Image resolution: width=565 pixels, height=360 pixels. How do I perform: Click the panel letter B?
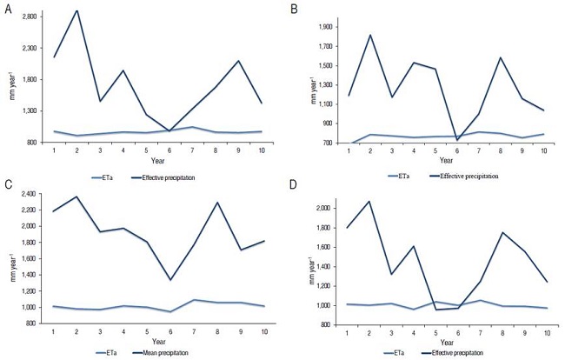pos(295,8)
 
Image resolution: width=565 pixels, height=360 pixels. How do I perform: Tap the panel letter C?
pos(6,185)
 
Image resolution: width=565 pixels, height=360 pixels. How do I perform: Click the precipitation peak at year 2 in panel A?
pos(76,10)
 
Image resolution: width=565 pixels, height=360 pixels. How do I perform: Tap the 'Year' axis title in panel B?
pos(445,161)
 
